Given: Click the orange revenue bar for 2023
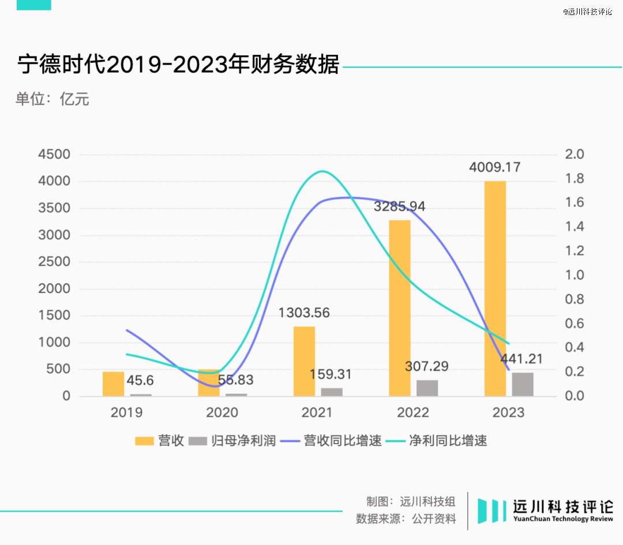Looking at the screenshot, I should tap(495, 288).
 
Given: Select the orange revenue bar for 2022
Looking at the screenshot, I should tap(400, 308).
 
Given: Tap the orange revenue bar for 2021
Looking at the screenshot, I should tap(304, 361).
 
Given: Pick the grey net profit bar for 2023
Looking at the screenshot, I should tap(523, 384).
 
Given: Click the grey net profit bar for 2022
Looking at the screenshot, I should tap(427, 388).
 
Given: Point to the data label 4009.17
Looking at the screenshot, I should tap(494, 168).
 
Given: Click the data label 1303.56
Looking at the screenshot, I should tap(304, 313).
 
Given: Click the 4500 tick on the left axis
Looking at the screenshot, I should tap(54, 155).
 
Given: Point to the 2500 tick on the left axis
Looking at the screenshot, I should tap(54, 262).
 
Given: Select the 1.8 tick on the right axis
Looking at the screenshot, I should tap(576, 179).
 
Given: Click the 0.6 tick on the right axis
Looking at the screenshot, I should tap(576, 324).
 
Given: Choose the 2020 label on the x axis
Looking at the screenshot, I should tap(222, 412).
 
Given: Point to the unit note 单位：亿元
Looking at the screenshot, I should tap(52, 99).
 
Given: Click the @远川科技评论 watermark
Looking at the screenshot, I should tap(588, 12).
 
